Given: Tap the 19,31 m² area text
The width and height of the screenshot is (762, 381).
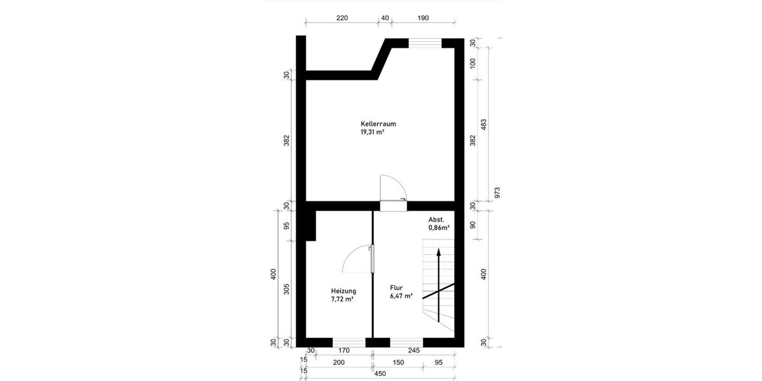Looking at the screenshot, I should click(x=372, y=133).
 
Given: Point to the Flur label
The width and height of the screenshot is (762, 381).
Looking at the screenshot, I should click(x=396, y=287).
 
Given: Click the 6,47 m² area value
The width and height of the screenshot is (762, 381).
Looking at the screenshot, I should click(x=401, y=296).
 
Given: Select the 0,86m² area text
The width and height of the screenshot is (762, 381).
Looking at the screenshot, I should click(x=439, y=227).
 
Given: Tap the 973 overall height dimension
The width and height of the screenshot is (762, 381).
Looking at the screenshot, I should click(x=497, y=191).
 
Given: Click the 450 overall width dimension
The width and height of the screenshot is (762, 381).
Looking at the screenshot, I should click(x=380, y=373).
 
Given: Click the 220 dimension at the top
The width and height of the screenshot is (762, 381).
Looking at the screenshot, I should click(x=342, y=18).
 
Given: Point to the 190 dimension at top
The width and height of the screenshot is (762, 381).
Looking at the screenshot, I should click(x=424, y=18).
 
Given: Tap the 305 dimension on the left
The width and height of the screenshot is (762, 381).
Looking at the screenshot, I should click(x=286, y=290).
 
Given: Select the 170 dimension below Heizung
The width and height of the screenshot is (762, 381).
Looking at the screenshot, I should click(x=344, y=349).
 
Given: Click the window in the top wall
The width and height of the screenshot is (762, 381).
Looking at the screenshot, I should click(x=425, y=43).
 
